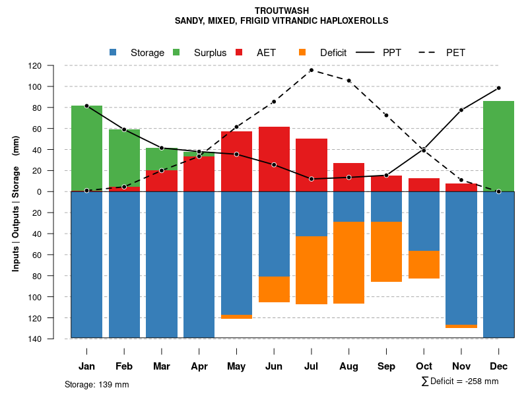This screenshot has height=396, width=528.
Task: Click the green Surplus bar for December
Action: click(498, 146)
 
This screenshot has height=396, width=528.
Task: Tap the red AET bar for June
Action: click(274, 159)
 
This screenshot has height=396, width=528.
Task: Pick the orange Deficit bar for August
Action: click(348, 263)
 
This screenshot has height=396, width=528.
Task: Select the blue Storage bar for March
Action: click(162, 265)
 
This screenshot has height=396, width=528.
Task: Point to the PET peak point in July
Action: click(311, 70)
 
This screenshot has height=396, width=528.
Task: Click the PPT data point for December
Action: click(498, 88)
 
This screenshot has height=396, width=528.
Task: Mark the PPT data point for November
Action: click(461, 110)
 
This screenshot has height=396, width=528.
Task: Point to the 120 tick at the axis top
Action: click(52, 66)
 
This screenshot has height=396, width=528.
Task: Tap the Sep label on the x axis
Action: click(386, 366)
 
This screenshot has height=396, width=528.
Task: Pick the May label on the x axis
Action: click(236, 366)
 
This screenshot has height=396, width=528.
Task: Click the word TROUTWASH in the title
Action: click(281, 11)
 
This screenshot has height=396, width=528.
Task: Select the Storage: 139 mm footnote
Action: click(96, 384)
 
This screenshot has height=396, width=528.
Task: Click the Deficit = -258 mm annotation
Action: click(460, 381)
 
